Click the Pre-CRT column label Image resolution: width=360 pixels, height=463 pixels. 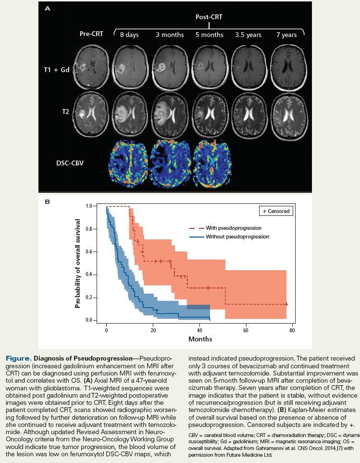[x=91, y=34]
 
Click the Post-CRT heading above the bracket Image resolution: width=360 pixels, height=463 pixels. [x=209, y=17]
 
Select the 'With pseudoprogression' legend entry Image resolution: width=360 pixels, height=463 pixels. [x=226, y=228]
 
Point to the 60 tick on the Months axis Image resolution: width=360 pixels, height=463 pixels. [x=246, y=330]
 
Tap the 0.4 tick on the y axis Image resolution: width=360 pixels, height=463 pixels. [x=88, y=275]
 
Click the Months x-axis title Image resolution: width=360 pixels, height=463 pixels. [x=200, y=339]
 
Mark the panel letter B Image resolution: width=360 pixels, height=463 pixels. [x=47, y=201]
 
